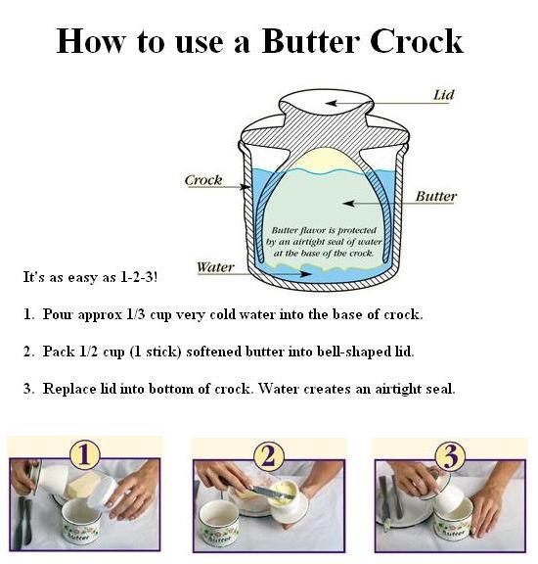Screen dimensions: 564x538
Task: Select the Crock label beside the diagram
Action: [203, 180]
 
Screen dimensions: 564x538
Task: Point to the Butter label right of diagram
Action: [435, 196]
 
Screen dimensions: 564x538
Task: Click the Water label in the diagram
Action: [214, 266]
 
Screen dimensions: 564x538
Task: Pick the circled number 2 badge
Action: [268, 454]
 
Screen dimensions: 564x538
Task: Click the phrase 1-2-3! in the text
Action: [136, 277]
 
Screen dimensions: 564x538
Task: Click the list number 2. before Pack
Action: [28, 351]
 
